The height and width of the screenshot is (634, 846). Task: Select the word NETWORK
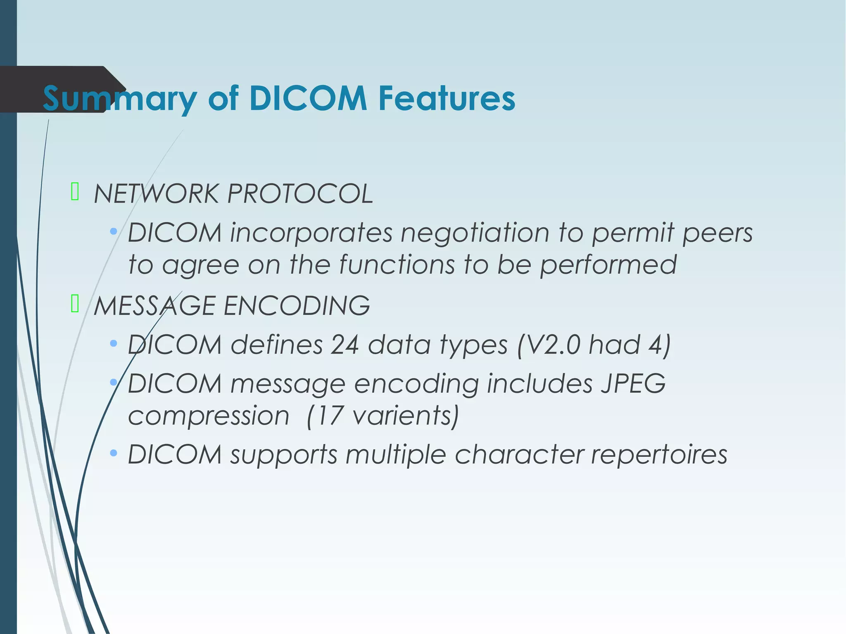click(x=156, y=194)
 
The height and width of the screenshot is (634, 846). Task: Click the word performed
click(x=608, y=265)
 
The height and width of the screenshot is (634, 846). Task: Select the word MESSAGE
click(x=154, y=306)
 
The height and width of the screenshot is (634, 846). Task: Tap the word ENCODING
click(x=297, y=306)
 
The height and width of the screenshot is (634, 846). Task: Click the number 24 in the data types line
click(x=345, y=344)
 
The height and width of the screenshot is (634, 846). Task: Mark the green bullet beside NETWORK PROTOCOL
click(x=75, y=192)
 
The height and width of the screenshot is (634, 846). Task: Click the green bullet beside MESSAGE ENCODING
click(x=75, y=304)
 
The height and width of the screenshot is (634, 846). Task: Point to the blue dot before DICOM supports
click(x=114, y=454)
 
